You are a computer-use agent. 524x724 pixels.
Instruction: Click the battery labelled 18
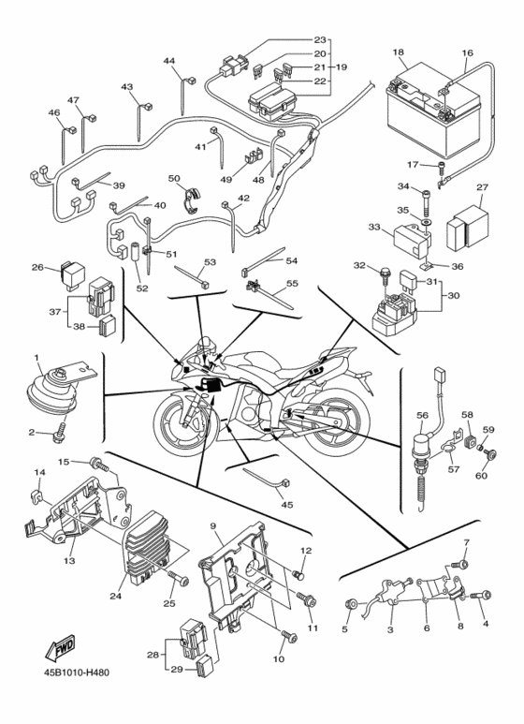432,110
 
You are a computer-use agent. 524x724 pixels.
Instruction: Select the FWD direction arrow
60,647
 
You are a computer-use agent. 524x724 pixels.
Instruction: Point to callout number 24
115,596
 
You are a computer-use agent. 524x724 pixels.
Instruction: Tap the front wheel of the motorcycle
185,421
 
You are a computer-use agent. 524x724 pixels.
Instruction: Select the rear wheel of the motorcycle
337,423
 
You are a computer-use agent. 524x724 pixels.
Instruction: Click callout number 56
423,415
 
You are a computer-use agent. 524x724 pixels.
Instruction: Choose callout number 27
482,187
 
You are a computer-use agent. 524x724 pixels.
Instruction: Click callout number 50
174,178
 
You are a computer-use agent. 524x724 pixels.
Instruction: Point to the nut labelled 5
350,604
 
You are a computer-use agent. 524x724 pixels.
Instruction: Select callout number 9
213,526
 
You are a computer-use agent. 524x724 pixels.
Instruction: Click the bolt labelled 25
179,578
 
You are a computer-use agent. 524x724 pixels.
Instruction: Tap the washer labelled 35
425,223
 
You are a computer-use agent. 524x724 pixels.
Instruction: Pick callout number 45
287,505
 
